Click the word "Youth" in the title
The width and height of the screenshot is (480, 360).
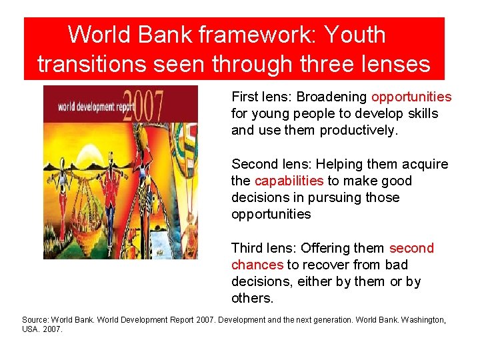click(353, 34)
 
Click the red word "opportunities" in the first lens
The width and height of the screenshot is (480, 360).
click(411, 97)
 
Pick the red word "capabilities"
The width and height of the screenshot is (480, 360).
click(289, 181)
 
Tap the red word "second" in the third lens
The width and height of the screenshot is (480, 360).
click(411, 248)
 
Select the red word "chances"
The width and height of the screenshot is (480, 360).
click(257, 265)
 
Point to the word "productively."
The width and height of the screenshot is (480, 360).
click(359, 130)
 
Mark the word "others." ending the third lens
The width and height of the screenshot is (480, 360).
click(253, 298)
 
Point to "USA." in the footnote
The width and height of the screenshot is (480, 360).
click(31, 329)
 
